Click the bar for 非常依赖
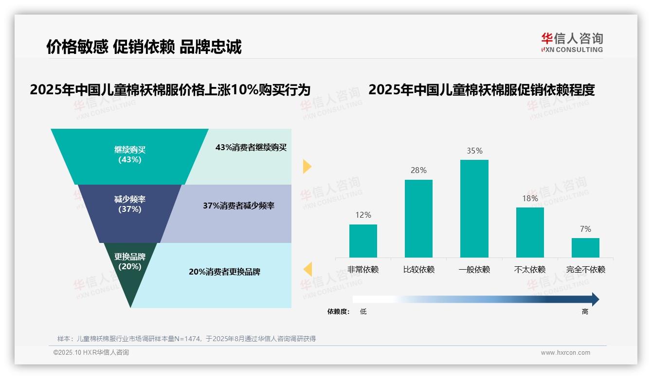[x=363, y=241]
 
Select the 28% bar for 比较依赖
[x=418, y=218]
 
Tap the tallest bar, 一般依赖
[x=474, y=208]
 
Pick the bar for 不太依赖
[x=530, y=232]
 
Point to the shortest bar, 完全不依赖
[x=585, y=247]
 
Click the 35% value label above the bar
[x=474, y=151]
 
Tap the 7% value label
[x=585, y=229]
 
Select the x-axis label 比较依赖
[x=418, y=270]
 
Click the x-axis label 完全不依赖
[x=585, y=270]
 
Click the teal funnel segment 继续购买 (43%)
[x=129, y=155]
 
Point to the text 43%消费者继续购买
[x=251, y=147]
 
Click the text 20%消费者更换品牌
[x=224, y=272]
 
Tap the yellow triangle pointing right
[x=307, y=166]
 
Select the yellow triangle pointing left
[x=308, y=269]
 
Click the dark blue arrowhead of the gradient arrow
[x=595, y=299]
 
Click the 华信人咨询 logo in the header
[x=572, y=42]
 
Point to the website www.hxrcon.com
[x=565, y=353]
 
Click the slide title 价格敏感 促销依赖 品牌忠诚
[x=144, y=47]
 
